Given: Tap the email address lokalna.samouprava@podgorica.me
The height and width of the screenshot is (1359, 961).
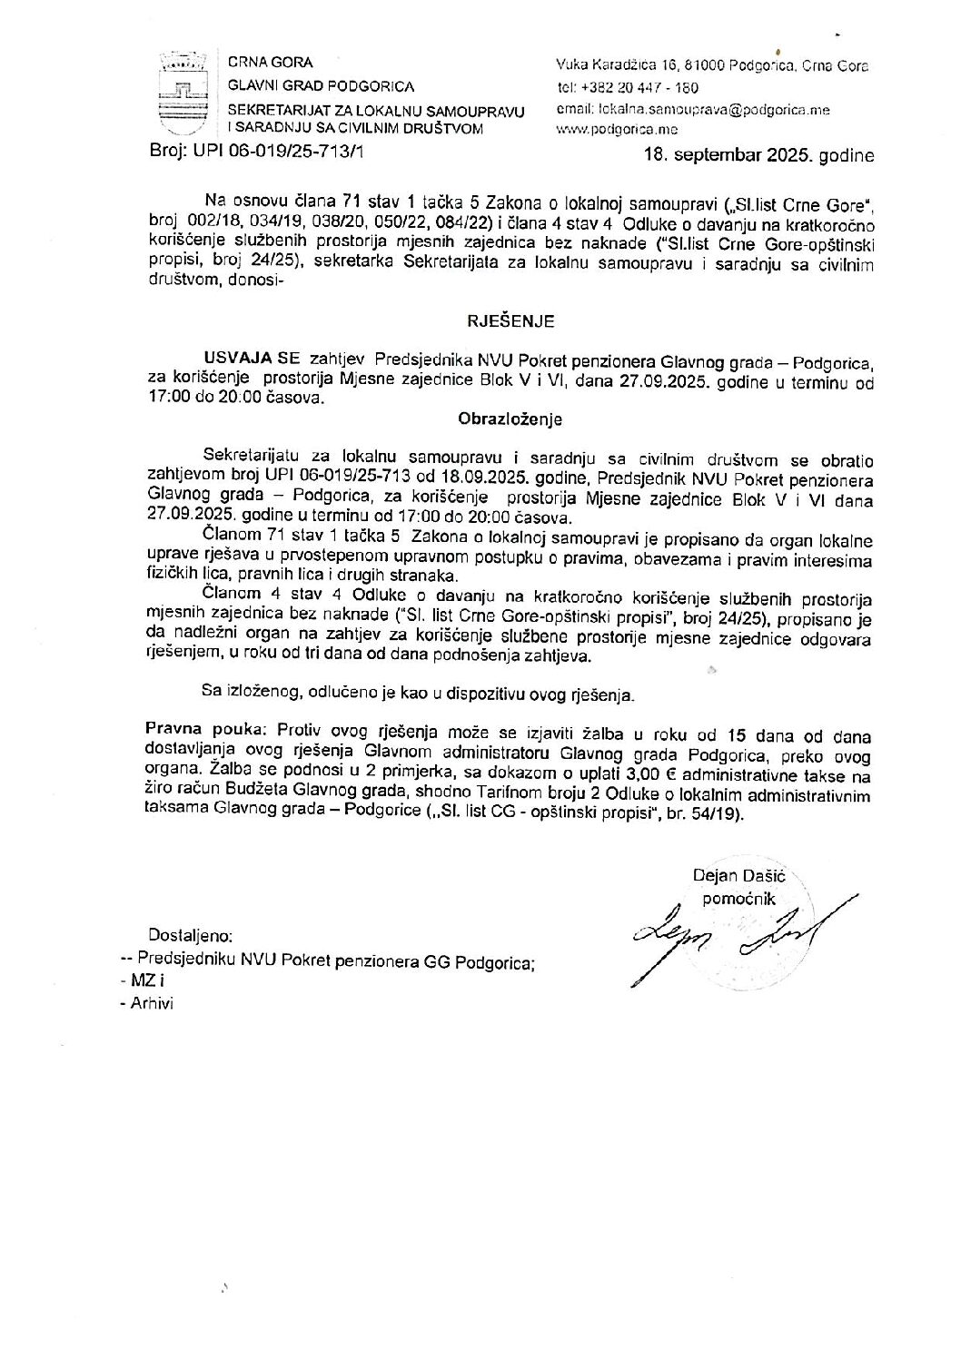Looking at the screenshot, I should (x=710, y=109).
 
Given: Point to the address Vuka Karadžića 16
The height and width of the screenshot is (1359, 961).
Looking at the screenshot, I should (x=617, y=66).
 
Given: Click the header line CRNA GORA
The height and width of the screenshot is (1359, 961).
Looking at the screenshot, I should (x=271, y=63).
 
